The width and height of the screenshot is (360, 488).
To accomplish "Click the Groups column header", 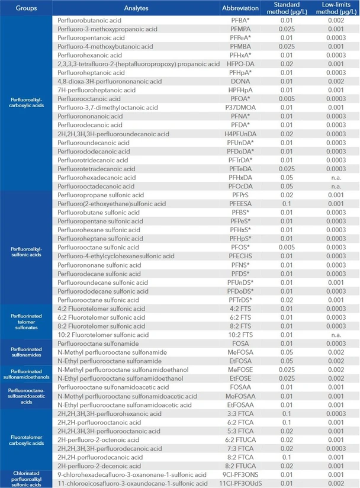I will [25, 9].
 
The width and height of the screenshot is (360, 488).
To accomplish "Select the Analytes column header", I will [136, 9].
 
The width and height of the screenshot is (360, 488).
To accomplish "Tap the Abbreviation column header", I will [240, 9].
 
